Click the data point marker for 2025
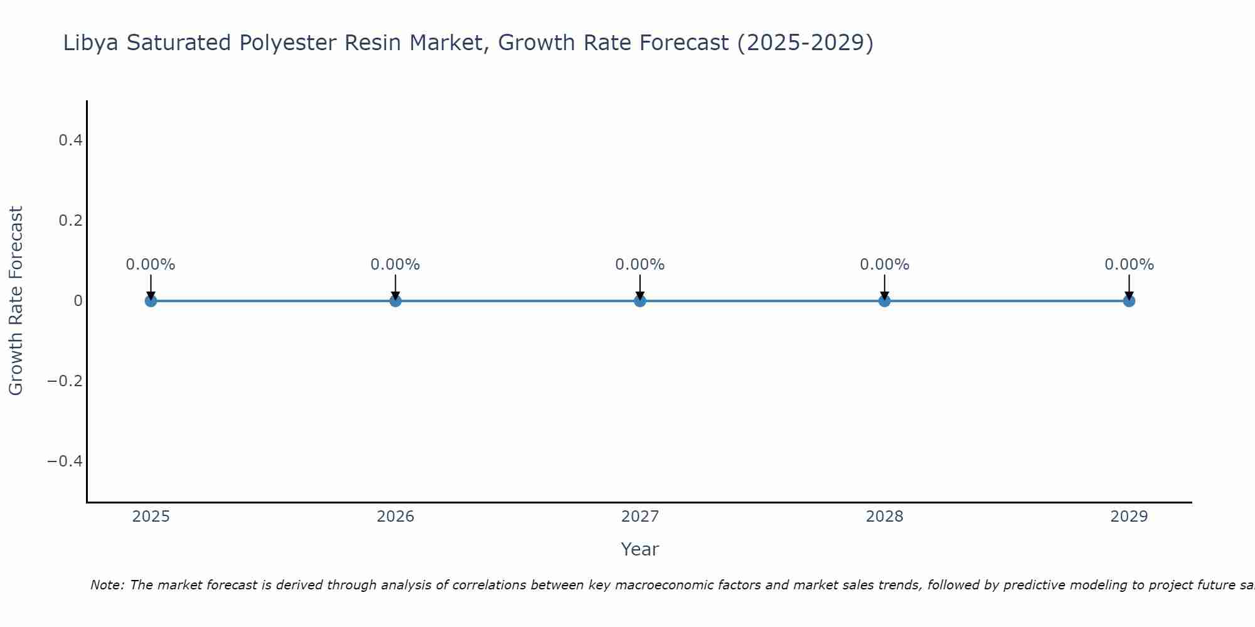(151, 301)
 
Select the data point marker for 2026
(395, 301)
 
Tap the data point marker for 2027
(640, 301)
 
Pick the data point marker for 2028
(884, 301)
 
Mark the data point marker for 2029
(1129, 301)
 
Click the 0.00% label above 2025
(151, 265)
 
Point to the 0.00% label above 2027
(640, 265)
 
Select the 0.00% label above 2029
(1129, 265)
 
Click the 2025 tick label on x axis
(151, 517)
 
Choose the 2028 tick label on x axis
(884, 517)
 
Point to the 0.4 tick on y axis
(70, 140)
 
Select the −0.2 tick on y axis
(65, 381)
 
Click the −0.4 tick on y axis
(65, 461)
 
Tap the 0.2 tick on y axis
(70, 221)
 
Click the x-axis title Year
(639, 549)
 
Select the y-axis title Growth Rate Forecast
(16, 301)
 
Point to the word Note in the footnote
(107, 585)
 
